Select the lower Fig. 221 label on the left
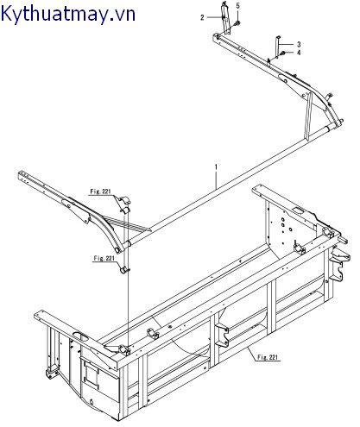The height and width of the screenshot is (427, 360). pos(103,257)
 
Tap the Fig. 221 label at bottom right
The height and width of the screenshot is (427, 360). pos(268,355)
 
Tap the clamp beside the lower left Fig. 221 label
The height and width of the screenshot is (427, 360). pos(125,270)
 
